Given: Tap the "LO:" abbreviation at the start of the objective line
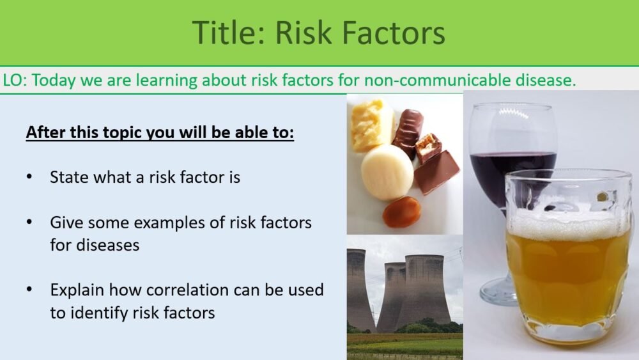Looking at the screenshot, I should click(x=15, y=81).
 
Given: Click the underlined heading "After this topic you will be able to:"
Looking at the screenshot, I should click(x=160, y=134).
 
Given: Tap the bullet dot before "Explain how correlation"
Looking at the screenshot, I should click(x=29, y=290).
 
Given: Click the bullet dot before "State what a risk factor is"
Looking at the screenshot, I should click(x=29, y=177).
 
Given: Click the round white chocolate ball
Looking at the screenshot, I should click(x=387, y=171).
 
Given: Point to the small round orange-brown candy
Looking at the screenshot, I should click(x=402, y=212).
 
